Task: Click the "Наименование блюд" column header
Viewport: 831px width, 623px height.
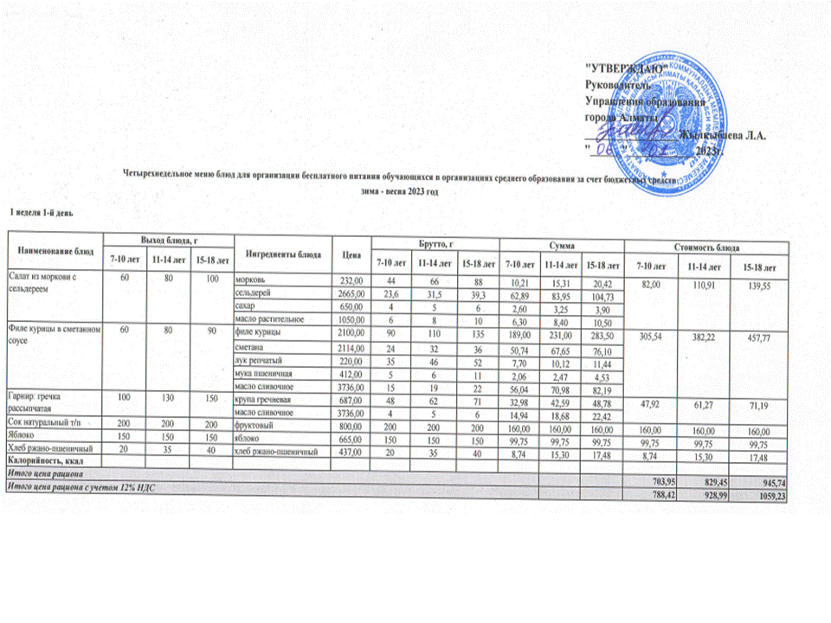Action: pyautogui.click(x=55, y=250)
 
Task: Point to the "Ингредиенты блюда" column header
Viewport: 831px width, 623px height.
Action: pyautogui.click(x=282, y=254)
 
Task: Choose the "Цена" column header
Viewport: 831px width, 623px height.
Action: pyautogui.click(x=351, y=254)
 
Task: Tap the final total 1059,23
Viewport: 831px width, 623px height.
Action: pyautogui.click(x=771, y=495)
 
